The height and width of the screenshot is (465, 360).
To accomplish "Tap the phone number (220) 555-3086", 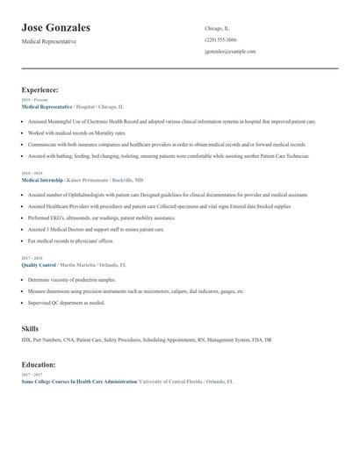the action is point(220,39).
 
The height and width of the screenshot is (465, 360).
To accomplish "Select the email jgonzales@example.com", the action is point(230,52).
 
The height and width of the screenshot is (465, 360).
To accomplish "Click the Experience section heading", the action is point(40,89).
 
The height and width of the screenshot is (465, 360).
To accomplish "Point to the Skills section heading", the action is point(30,328).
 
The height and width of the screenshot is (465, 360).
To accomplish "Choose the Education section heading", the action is point(39,364).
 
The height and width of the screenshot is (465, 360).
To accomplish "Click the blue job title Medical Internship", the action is point(42,178).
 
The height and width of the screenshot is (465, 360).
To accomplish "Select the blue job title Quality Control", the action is point(39,264).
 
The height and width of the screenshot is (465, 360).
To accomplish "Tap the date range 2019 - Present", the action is point(32,99).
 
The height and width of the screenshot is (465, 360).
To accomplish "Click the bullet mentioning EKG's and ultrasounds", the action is point(101,218).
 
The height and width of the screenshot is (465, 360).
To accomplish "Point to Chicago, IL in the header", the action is point(217,28).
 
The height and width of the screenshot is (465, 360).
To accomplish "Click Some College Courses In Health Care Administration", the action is point(78,382).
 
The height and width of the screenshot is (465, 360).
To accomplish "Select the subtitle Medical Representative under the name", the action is point(49,41).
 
